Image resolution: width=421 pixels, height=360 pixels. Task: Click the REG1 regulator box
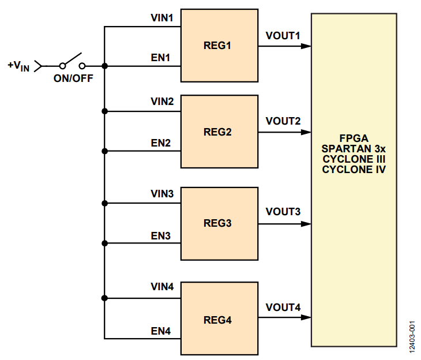[x=220, y=46]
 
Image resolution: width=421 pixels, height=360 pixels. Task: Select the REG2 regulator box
[x=220, y=132]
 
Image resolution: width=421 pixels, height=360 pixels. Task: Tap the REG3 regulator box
[x=220, y=223]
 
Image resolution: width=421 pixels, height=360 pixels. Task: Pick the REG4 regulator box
[x=220, y=318]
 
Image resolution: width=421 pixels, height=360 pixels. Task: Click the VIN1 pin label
[x=162, y=18]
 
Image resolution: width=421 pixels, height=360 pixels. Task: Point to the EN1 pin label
[x=160, y=57]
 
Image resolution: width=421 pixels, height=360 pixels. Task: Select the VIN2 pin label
[x=162, y=102]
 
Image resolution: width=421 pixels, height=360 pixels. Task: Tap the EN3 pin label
[x=160, y=235]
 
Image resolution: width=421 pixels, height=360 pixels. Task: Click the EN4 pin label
[x=160, y=331]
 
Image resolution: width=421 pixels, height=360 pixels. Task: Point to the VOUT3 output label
[x=283, y=212]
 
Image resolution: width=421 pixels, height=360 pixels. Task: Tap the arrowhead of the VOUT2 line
[x=306, y=132]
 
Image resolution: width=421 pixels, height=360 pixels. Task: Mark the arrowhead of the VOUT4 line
[x=306, y=318]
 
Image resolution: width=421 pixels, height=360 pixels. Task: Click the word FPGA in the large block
[x=354, y=139]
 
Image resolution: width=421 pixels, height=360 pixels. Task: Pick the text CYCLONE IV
[x=354, y=170]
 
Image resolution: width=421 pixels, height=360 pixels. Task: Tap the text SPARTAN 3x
[x=354, y=149]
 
